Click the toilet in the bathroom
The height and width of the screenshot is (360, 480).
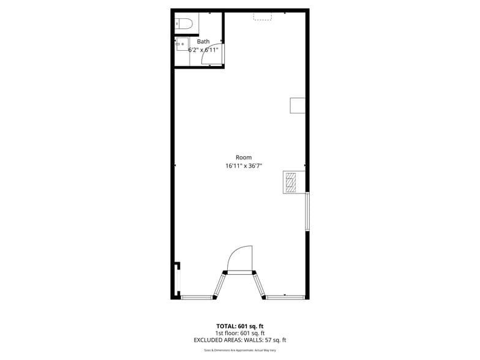tap(184, 24)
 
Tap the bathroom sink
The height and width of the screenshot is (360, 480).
tap(182, 44)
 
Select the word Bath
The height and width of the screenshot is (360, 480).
tap(203, 42)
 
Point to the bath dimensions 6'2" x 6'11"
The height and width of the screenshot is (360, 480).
tap(203, 50)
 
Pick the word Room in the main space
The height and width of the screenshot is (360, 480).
tap(244, 157)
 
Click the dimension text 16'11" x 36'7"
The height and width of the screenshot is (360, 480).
tap(244, 165)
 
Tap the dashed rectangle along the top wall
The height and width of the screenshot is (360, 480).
tap(262, 16)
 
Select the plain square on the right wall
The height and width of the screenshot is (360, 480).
tap(297, 105)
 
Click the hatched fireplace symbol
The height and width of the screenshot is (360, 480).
tap(291, 182)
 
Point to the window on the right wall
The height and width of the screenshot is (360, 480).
tap(307, 212)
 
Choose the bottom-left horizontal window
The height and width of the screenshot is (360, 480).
tap(196, 298)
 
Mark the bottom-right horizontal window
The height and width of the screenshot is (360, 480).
tap(285, 298)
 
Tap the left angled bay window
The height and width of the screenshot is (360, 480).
tap(219, 285)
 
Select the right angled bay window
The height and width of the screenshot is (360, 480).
tap(260, 285)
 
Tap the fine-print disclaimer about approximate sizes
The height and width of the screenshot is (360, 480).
tap(240, 350)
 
